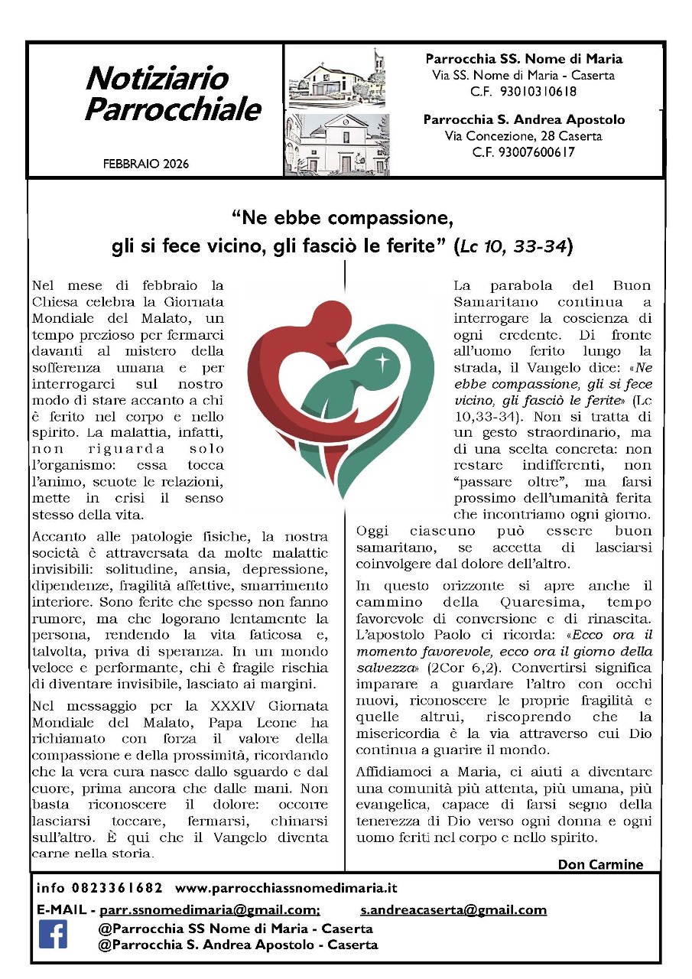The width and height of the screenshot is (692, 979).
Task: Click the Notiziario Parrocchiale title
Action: point(172,94)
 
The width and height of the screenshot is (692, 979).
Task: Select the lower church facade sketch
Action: point(336,145)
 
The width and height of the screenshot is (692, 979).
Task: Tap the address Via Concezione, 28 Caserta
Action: point(523,136)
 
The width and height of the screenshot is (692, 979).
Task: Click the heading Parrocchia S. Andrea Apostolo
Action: point(524,120)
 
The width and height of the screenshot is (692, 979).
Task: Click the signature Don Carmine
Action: point(600,864)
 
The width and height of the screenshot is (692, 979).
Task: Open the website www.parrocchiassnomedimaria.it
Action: point(286,888)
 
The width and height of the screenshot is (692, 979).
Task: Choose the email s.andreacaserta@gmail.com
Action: point(453,909)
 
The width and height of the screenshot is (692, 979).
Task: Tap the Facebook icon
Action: point(53,934)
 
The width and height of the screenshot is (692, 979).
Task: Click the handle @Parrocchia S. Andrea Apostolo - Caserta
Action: point(238,945)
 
